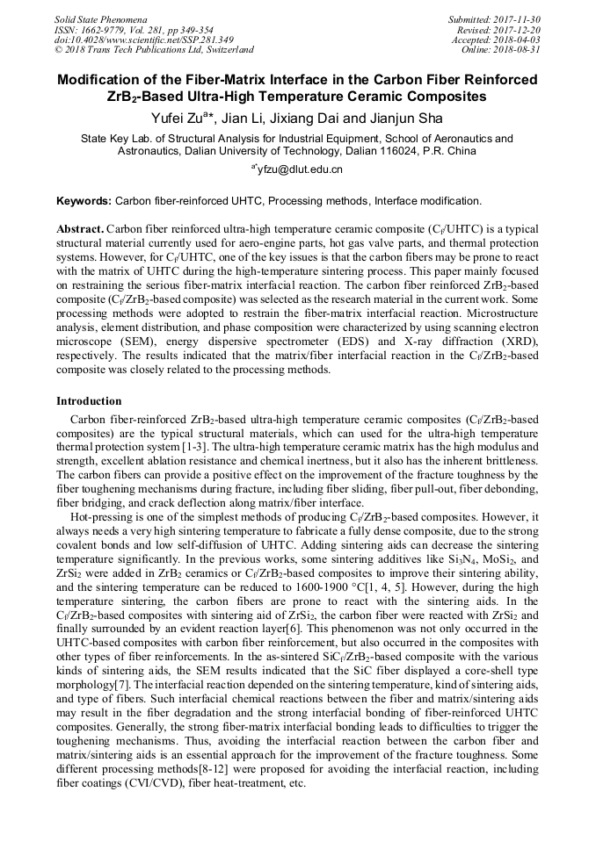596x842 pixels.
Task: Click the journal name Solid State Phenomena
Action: tap(100, 18)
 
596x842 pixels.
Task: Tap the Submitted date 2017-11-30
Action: tap(520, 18)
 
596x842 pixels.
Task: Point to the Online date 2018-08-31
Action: tap(520, 50)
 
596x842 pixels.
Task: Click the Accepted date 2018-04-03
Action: tap(520, 40)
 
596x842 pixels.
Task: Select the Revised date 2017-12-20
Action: tap(520, 29)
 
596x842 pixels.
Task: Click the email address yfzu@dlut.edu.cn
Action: tap(301, 169)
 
